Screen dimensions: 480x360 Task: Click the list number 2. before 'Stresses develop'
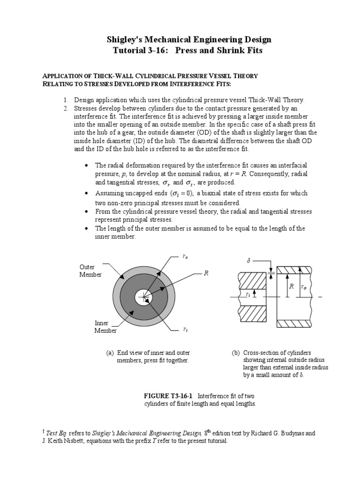(x=66, y=108)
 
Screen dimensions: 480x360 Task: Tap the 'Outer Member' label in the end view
(x=90, y=270)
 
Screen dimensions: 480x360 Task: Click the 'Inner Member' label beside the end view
(x=105, y=327)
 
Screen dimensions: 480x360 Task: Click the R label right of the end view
(x=205, y=273)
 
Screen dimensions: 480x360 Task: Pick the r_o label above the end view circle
(x=186, y=256)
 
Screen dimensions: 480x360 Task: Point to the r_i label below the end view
(x=186, y=330)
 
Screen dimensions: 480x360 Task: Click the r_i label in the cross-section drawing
(x=247, y=294)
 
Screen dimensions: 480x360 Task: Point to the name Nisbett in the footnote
(x=85, y=441)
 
